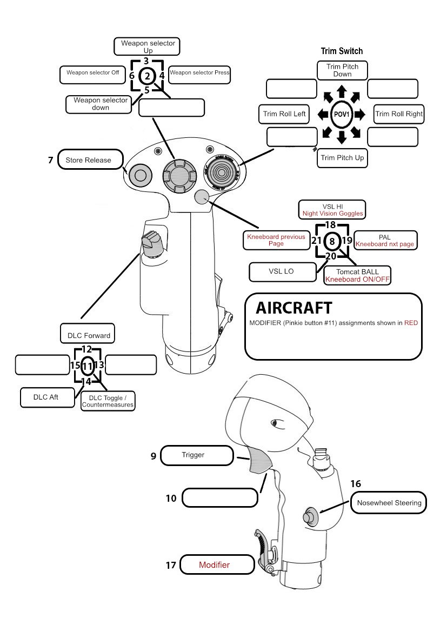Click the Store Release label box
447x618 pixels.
pos(88,160)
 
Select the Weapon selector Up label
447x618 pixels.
pos(147,46)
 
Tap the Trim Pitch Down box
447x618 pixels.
pos(342,70)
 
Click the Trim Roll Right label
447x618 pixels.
pos(399,114)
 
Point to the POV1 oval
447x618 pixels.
pos(342,114)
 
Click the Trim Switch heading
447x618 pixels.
pos(342,51)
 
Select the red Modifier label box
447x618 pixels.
pos(217,565)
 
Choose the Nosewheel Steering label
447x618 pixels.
pos(389,503)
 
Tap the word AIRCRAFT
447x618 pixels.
pos(293,308)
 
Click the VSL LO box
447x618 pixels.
pos(282,271)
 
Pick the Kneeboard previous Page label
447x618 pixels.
pos(276,240)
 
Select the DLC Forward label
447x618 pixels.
pos(89,335)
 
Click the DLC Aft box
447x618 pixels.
pos(46,397)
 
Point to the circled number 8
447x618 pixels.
pos(332,241)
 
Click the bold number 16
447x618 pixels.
pos(356,484)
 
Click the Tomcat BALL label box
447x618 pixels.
pos(357,275)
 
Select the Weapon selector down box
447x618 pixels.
pos(98,104)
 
